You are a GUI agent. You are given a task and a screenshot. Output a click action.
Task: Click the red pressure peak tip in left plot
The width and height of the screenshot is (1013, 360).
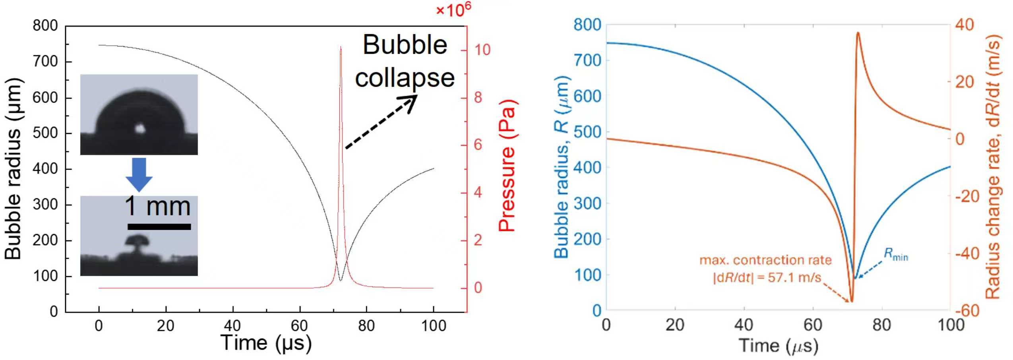(341, 47)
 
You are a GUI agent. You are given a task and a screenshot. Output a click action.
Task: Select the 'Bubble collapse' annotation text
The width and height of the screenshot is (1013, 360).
(405, 61)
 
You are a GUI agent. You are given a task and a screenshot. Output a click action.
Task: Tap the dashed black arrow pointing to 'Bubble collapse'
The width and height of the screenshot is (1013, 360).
(380, 124)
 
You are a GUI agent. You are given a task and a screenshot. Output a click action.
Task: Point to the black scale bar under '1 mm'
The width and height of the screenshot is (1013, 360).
(159, 227)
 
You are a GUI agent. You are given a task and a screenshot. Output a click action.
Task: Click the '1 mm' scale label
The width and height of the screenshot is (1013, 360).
(157, 206)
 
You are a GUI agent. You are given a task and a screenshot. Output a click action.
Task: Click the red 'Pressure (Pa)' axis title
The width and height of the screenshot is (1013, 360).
(507, 165)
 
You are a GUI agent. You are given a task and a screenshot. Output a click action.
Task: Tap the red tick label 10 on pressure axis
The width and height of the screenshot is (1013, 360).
(482, 50)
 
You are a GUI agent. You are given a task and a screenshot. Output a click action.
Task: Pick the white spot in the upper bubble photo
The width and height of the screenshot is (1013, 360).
(140, 128)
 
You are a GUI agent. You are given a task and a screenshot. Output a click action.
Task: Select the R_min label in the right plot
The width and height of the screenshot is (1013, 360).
(896, 254)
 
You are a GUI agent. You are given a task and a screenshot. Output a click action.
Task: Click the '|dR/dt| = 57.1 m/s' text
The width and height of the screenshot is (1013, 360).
(767, 277)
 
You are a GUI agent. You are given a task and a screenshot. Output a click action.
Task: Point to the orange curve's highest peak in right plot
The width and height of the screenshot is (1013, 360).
(858, 33)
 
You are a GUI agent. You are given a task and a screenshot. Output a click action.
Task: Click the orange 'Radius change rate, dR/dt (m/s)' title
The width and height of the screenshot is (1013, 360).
(992, 167)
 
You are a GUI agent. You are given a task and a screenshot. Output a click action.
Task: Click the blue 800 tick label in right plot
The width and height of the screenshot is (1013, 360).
(587, 25)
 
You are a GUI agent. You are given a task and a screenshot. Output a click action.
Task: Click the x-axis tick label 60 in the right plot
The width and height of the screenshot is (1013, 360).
(813, 325)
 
